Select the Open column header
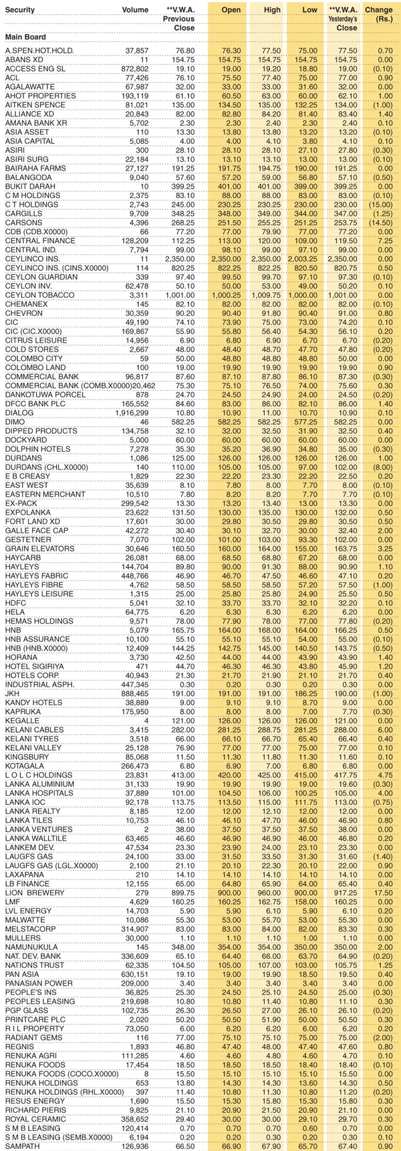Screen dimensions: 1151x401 (x=231, y=10)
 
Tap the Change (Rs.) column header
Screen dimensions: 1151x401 (x=379, y=14)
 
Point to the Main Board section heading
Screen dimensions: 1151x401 (x=25, y=37)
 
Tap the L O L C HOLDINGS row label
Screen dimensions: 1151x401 (x=36, y=774)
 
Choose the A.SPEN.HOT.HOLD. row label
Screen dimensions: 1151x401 (x=39, y=51)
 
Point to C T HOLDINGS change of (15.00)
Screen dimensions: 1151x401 (x=382, y=203)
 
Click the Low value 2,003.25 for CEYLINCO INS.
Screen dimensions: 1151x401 (x=304, y=276)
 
